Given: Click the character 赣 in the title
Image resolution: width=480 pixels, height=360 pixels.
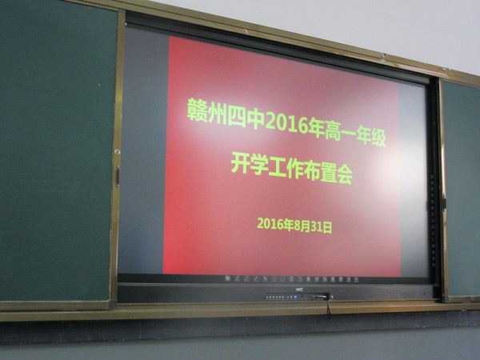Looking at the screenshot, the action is coord(197,110).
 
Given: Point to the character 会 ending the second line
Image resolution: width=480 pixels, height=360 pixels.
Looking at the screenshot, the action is coord(345,176).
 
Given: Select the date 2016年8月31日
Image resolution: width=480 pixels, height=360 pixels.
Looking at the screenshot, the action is coord(294,226).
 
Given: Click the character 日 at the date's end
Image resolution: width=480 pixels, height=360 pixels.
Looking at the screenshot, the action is coord(327,228).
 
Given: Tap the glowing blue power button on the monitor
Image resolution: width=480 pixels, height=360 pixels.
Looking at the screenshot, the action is coord(295,297).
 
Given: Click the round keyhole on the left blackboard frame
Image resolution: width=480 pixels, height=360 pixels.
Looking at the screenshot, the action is coord(117,151).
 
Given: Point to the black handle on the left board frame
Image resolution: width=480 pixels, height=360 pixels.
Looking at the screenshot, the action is coord(118,177).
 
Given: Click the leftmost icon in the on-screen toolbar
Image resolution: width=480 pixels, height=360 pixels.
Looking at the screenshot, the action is coord(227,278).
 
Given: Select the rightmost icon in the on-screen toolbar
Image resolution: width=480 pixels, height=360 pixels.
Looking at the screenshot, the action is coord(356,280).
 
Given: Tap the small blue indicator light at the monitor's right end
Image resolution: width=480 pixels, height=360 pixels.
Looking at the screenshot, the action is coord(424,294).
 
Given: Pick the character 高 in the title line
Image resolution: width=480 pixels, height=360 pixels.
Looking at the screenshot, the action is coord(333,131).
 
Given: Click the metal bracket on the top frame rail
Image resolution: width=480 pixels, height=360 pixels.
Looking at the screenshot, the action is coord(382,57).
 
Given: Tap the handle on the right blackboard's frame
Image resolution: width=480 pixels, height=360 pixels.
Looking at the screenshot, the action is coord(444,203).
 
